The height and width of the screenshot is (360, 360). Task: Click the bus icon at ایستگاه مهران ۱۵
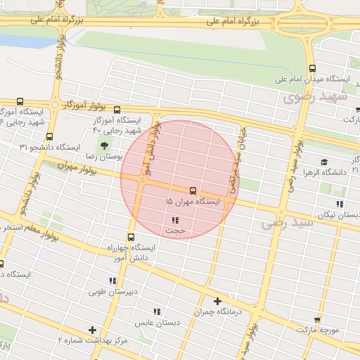[x=193, y=191]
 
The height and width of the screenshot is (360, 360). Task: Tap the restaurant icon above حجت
[x=174, y=220]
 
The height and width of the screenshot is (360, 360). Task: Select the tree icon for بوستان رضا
[x=105, y=146]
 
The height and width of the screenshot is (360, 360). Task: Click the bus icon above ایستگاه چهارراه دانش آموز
[x=131, y=237]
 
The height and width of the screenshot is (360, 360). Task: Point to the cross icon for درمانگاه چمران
[x=217, y=301]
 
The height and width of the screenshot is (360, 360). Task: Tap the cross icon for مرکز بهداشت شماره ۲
[x=92, y=330]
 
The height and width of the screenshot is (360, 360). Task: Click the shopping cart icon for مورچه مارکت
[x=317, y=319]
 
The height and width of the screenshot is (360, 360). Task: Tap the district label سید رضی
[x=282, y=223]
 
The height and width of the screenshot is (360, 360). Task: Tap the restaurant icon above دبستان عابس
[x=157, y=311]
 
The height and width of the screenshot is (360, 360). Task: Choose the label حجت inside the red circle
[x=175, y=230]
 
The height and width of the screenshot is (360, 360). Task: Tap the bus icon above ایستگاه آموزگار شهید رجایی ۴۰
[x=117, y=110]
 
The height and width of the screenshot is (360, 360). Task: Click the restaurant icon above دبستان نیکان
[x=340, y=204]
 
